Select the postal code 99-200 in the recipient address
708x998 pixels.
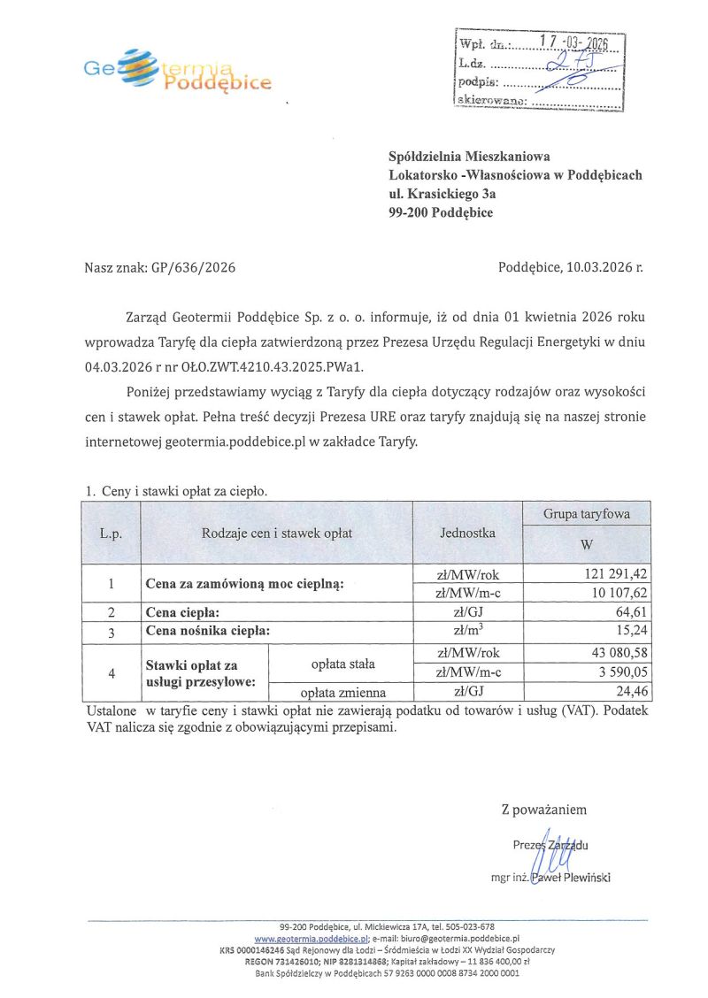[411, 212]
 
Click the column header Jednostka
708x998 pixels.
[467, 533]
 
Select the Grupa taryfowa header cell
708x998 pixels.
[586, 513]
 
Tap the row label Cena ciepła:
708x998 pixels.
[182, 612]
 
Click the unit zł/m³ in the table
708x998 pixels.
[467, 631]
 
